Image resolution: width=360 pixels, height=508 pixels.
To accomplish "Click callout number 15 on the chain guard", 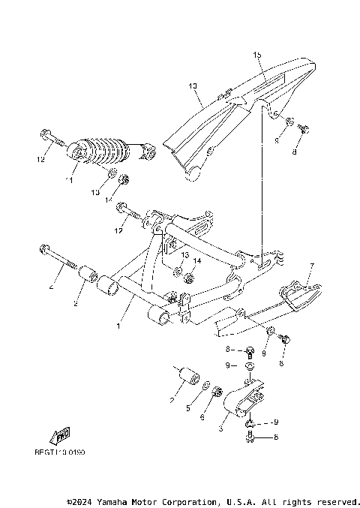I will (x=257, y=56).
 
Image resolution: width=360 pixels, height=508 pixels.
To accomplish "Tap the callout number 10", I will (x=192, y=86).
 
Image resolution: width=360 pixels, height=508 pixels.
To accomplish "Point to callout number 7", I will (x=313, y=266).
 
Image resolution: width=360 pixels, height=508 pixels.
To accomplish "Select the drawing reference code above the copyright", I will (x=59, y=452).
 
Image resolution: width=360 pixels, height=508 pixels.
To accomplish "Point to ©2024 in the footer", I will (x=81, y=500).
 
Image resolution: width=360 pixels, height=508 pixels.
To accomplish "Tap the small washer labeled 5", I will (x=205, y=386).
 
